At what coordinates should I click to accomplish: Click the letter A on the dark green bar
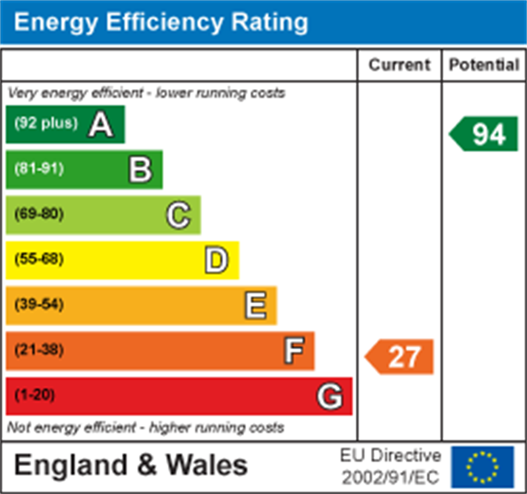pos(101,125)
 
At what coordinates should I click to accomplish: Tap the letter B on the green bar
pos(140,170)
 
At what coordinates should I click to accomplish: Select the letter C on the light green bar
pos(178,215)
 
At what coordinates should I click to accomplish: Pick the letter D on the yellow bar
pos(216,260)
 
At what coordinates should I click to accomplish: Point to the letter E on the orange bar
pos(255,305)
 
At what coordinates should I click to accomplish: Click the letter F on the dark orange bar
pos(294,351)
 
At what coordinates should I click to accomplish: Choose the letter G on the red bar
pos(330,397)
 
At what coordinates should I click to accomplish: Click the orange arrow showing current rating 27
pos(400,357)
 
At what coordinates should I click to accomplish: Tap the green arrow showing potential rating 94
pos(485,134)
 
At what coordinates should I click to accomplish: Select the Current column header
pos(399,65)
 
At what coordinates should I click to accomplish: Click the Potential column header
pos(484,65)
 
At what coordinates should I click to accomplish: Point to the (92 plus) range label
pos(47,123)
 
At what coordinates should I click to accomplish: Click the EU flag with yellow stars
pos(482,467)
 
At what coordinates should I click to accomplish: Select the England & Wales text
pos(130,466)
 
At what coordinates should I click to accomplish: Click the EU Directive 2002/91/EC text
pos(390,467)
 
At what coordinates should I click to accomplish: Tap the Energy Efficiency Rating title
pos(161,22)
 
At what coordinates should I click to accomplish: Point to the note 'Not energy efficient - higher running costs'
pos(145,427)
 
